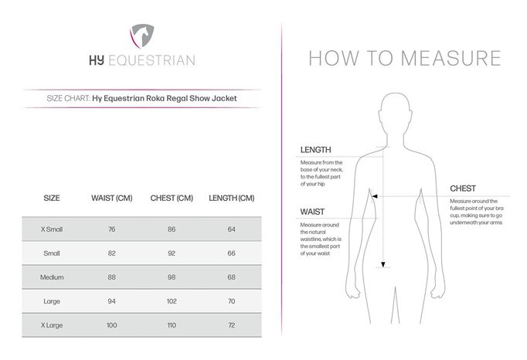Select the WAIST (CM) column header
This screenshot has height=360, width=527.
pos(112,199)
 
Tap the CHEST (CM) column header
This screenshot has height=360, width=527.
pos(172,199)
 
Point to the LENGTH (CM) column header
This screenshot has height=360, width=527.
pos(231,199)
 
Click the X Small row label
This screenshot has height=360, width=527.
pos(53,229)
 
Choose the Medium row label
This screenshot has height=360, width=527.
pos(53,277)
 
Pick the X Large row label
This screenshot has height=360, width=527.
pos(53,325)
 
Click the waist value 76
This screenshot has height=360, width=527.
pos(112,229)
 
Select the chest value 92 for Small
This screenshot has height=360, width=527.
pos(172,253)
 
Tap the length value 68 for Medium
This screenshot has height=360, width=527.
pos(231,277)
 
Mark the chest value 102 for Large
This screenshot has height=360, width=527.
pos(172,301)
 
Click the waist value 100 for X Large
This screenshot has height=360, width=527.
pos(112,325)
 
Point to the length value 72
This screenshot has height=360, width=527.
pos(231,325)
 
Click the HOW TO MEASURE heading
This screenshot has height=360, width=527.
pos(404,59)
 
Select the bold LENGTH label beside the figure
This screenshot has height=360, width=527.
pos(316,150)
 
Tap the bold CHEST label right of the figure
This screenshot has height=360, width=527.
pos(463,188)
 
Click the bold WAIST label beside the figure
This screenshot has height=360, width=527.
pos(312,211)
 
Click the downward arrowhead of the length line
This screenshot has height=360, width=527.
pos(380,266)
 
